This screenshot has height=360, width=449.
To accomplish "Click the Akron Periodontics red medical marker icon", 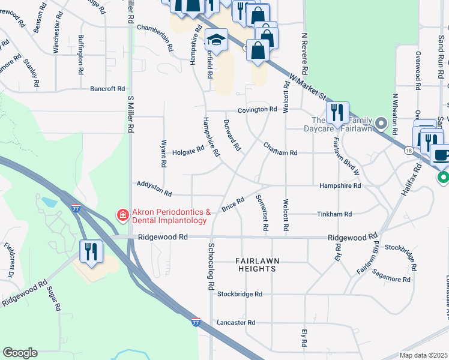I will click(122, 214).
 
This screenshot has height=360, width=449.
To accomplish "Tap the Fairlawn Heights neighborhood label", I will click(256, 265).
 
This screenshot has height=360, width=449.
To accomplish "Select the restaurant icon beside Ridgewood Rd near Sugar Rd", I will click(91, 251).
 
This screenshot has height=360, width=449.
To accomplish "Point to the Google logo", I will click(20, 353).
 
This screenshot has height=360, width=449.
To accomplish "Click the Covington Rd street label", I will click(257, 110).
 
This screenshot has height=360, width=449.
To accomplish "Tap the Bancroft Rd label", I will click(107, 89).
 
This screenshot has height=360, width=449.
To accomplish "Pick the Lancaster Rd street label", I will click(236, 322).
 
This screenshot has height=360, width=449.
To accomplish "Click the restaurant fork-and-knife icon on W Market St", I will click(337, 112).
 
